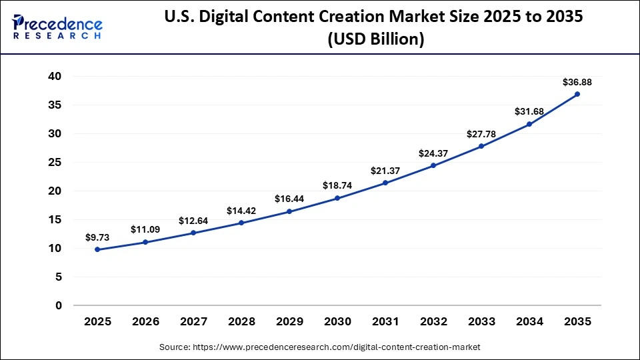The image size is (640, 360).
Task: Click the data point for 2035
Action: [x=577, y=94]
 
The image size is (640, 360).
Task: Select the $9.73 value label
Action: [x=97, y=237]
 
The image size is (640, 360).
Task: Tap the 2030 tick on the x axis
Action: [x=337, y=321]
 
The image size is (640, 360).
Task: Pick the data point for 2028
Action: [x=241, y=223]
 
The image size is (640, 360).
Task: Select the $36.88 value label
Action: [x=577, y=82]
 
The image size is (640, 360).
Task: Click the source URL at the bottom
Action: [x=320, y=347]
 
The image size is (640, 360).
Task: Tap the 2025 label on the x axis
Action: [x=97, y=321]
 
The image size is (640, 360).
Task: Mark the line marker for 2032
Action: [x=433, y=165]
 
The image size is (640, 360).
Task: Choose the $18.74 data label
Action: [x=337, y=185]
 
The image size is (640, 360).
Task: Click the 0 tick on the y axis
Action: [x=59, y=306]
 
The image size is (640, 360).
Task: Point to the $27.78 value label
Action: [x=481, y=134]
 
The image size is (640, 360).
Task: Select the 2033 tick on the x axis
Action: [x=481, y=321]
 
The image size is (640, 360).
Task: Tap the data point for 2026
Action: [x=145, y=242]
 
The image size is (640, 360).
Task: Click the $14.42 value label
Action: [x=241, y=211]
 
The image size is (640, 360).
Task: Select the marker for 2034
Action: [x=529, y=124]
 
